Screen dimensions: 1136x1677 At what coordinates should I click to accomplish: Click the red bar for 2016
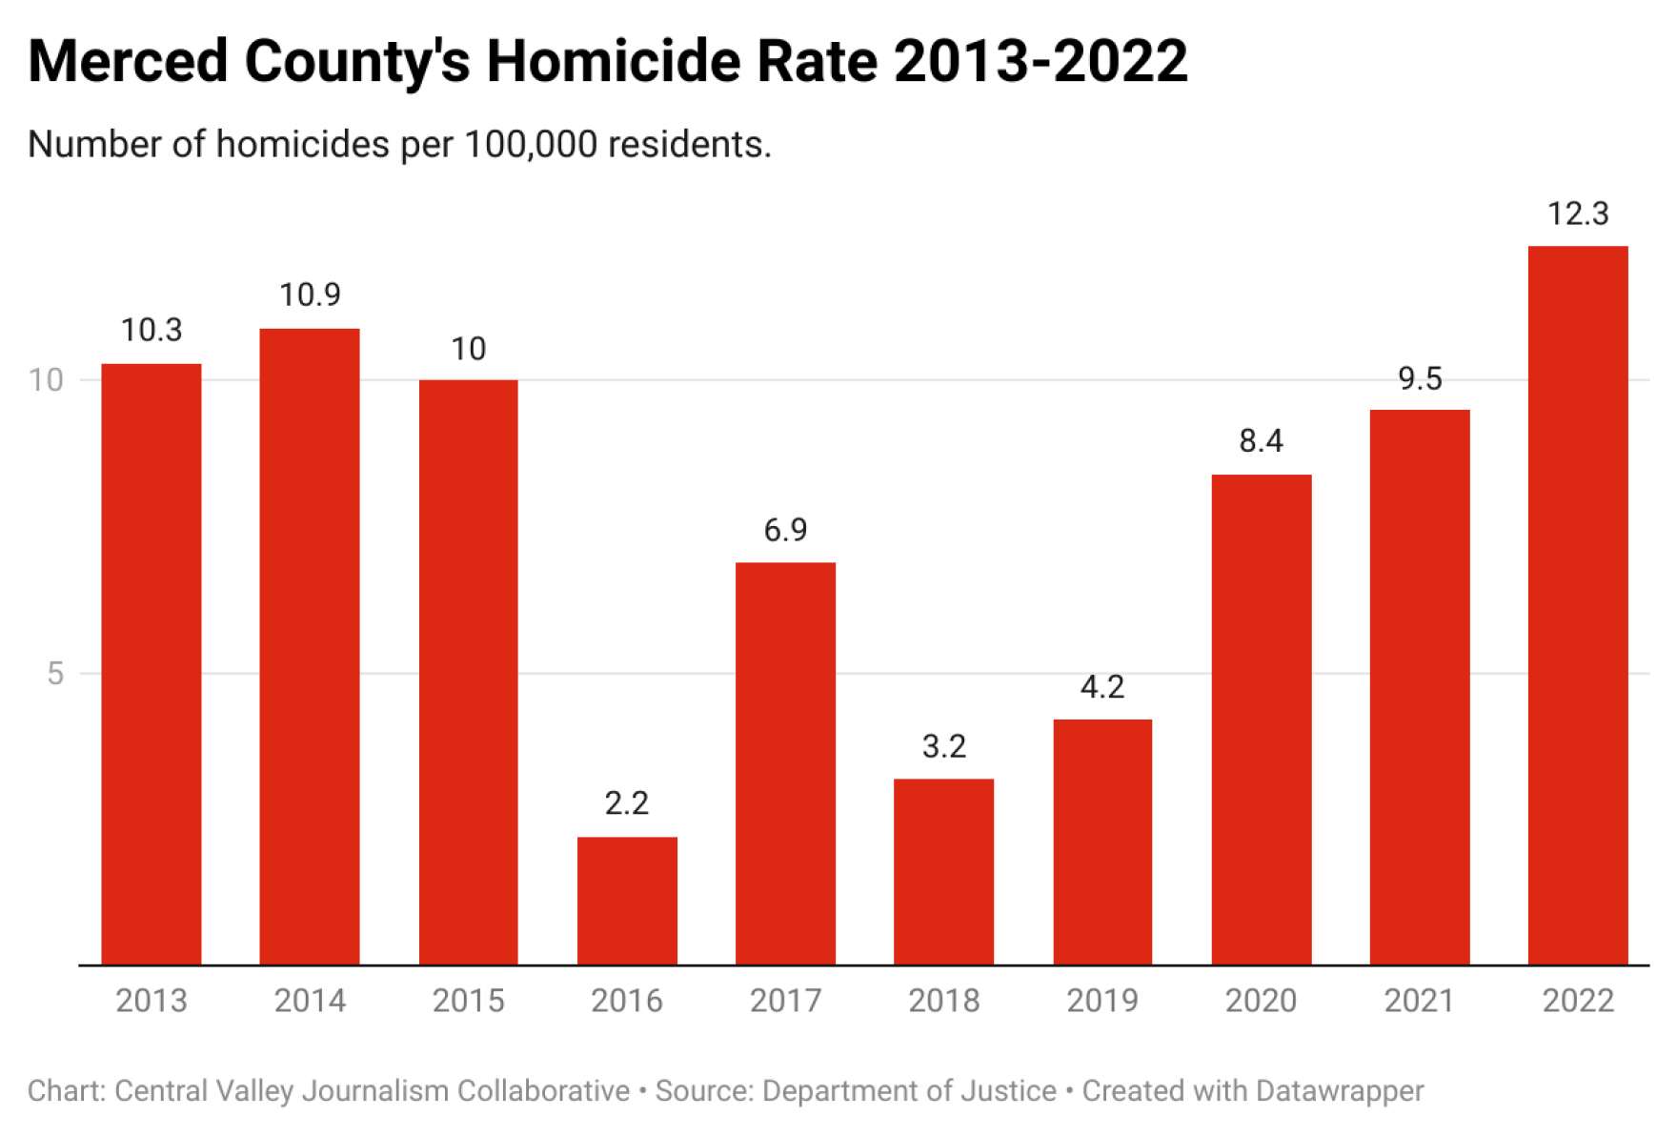coord(627,901)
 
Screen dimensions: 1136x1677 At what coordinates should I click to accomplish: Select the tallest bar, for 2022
coord(1578,605)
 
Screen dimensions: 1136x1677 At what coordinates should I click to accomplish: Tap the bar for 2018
coord(943,872)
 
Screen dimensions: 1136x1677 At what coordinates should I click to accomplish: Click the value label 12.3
coord(1578,213)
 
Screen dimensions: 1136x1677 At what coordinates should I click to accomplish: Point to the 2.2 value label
coord(627,803)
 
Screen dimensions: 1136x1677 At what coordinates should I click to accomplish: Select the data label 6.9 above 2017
coord(785,530)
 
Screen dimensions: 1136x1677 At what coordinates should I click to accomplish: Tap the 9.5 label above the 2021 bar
coord(1420,379)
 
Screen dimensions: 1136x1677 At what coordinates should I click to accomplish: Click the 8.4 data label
coord(1261,441)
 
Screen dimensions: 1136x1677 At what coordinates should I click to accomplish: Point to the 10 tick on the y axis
coord(45,380)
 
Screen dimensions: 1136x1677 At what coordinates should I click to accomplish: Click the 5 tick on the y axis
coord(55,674)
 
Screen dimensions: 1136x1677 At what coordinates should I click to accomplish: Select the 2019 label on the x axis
coord(1102,1001)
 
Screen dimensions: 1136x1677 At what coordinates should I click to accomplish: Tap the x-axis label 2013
coord(152,1001)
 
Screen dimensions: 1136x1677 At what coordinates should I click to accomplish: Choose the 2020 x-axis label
coord(1261,1001)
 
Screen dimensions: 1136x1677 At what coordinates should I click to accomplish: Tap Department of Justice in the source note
coord(909,1090)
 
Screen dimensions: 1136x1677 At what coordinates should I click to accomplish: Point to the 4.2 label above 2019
coord(1102,687)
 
